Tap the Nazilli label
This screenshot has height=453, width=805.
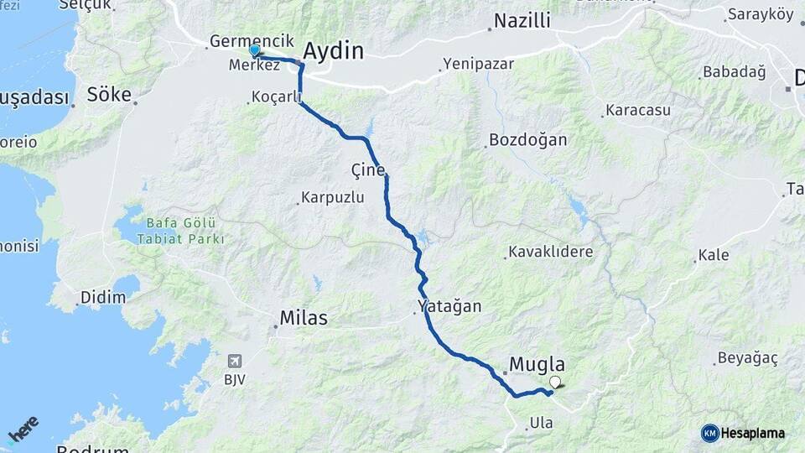(522, 21)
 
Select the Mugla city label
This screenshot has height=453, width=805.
(538, 365)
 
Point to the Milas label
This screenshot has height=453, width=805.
(303, 319)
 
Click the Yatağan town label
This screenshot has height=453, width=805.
(450, 306)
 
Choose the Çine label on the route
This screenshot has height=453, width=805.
(368, 170)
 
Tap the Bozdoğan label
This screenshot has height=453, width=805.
(528, 140)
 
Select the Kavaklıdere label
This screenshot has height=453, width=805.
(550, 252)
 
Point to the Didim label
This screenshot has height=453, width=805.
(102, 298)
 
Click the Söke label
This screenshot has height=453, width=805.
(110, 95)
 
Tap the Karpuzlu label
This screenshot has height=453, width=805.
(333, 199)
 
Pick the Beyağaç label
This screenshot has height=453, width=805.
(745, 358)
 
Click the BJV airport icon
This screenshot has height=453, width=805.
(234, 361)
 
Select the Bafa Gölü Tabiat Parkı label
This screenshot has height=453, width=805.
(181, 231)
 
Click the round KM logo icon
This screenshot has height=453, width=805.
(709, 433)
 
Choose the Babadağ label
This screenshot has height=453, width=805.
(735, 72)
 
